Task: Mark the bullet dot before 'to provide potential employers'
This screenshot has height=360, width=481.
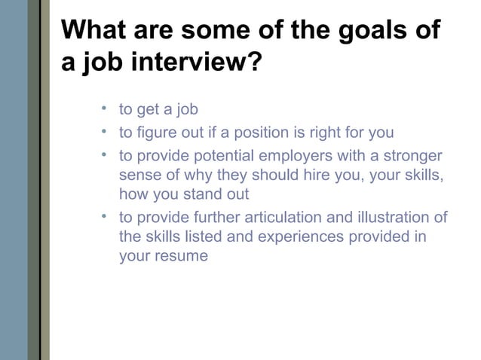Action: [103, 156]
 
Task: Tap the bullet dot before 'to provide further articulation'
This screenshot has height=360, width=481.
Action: [103, 217]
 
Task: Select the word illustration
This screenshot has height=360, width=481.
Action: [394, 218]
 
